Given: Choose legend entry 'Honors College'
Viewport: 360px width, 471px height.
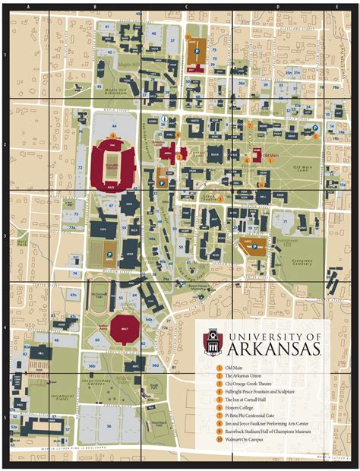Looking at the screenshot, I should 243,405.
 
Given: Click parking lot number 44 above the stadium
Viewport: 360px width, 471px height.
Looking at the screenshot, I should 113,125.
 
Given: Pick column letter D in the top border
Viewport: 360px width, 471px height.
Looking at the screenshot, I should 276,7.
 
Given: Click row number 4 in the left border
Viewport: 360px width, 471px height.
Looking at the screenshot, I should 5,328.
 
